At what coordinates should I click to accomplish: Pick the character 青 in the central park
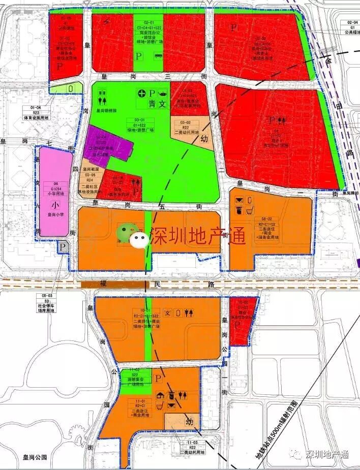(x=151, y=105)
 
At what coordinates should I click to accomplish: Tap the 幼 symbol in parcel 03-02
(x=205, y=137)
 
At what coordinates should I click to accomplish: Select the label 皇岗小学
(x=56, y=215)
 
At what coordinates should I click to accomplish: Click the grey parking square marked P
(x=63, y=247)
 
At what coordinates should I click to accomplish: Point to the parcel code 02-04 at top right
(x=352, y=23)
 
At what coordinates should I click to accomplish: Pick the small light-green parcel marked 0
(x=71, y=88)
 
